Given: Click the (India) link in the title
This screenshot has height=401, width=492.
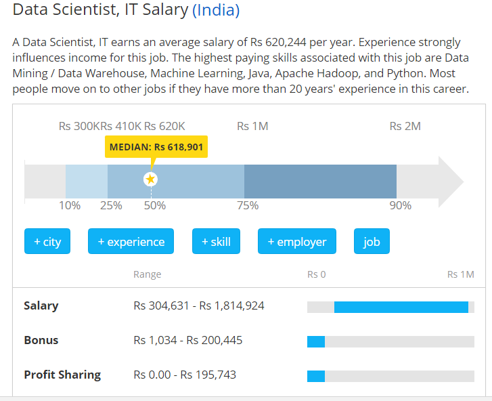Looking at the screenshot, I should point(216,11).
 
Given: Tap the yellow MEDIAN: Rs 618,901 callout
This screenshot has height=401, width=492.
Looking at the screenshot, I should point(156,146).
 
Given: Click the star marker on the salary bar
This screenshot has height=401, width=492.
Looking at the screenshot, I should point(150,180).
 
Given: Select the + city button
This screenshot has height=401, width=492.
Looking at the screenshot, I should point(47,242).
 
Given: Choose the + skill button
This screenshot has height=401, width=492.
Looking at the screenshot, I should point(216,242).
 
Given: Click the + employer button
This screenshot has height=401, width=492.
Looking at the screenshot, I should point(297,242).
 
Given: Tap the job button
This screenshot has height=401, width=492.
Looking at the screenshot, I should point(372,242).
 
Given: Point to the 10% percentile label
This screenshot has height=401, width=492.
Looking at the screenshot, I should point(70,205).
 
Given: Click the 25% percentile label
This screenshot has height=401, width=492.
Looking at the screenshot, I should point(111,205).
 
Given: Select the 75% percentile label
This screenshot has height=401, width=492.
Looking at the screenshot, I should point(247,205).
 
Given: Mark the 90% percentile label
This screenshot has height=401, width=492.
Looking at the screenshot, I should point(400,205).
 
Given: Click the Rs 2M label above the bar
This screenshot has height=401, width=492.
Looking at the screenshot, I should point(405,126).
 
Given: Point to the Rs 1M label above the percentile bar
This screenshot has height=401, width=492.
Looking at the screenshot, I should point(252,126).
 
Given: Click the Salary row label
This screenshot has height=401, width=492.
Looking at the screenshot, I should point(41,305).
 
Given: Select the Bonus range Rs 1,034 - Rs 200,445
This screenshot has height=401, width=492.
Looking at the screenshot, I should point(188,340).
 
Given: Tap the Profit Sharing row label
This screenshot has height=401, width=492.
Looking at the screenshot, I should point(62,375).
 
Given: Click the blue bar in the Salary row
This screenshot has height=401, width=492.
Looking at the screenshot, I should point(401,307).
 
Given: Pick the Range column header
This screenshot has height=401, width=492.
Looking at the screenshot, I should point(148,274).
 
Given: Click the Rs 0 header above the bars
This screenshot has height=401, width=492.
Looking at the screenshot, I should point(317,274).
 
